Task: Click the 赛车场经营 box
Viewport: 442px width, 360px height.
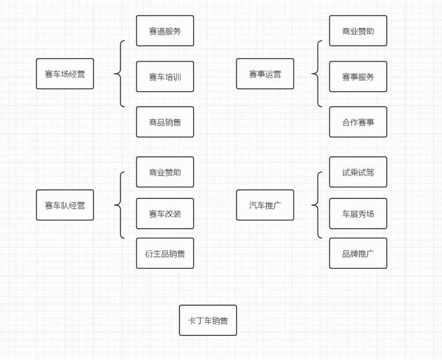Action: tap(65, 74)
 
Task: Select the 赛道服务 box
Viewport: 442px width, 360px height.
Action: tap(165, 31)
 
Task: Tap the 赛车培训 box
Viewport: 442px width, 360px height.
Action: tap(165, 77)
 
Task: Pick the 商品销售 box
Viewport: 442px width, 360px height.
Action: tap(165, 122)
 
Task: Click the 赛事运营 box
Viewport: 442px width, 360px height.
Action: tap(265, 74)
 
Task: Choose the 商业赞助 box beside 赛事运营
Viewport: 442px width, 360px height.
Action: tap(358, 31)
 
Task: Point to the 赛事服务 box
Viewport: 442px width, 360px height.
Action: tap(358, 77)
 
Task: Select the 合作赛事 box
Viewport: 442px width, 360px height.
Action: tap(358, 122)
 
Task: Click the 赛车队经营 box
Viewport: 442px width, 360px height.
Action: tap(65, 205)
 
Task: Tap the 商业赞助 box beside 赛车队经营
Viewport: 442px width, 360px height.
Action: tap(165, 172)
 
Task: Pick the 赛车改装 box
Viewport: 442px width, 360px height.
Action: tap(165, 214)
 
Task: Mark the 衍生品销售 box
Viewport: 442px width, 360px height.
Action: tap(165, 254)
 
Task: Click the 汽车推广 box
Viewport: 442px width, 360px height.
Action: tap(265, 205)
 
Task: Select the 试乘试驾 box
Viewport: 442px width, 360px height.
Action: tap(358, 172)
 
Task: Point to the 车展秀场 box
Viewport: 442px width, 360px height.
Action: tap(358, 214)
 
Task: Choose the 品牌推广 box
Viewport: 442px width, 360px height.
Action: tap(358, 254)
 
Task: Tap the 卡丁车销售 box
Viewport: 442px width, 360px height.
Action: tap(208, 321)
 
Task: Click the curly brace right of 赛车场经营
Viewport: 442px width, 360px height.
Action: tap(122, 74)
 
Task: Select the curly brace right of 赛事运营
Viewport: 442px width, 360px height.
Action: tap(318, 74)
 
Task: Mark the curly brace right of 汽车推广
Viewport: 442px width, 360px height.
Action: tap(318, 205)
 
